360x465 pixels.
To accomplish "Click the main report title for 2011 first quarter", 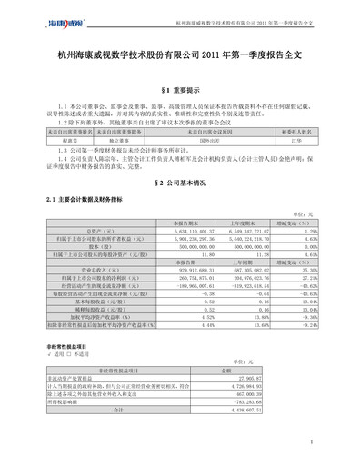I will click(180, 54).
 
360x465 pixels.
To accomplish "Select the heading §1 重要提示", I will click(180, 91).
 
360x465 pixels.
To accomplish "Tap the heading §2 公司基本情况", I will click(180, 183).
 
